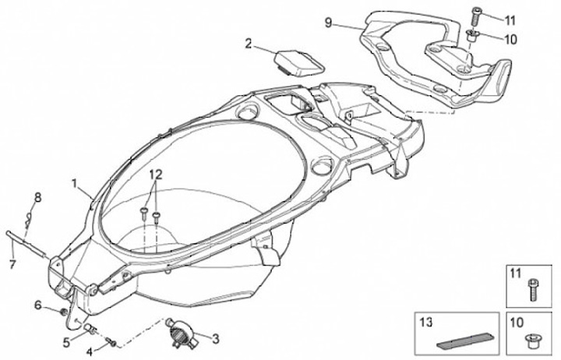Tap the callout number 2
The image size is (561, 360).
[x=249, y=44]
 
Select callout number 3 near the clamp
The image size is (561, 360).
[x=216, y=339]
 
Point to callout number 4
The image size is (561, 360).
[x=89, y=351]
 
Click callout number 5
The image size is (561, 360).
[x=67, y=341]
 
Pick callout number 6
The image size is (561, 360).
[x=37, y=305]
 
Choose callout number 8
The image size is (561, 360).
[x=37, y=196]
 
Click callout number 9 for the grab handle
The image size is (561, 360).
[x=329, y=23]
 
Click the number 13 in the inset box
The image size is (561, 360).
[x=425, y=321]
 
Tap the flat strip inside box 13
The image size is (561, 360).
[x=464, y=339]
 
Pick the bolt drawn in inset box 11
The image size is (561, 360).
[x=533, y=290]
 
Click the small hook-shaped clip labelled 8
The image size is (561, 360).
[x=29, y=216]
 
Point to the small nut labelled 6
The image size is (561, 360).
[x=63, y=312]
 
